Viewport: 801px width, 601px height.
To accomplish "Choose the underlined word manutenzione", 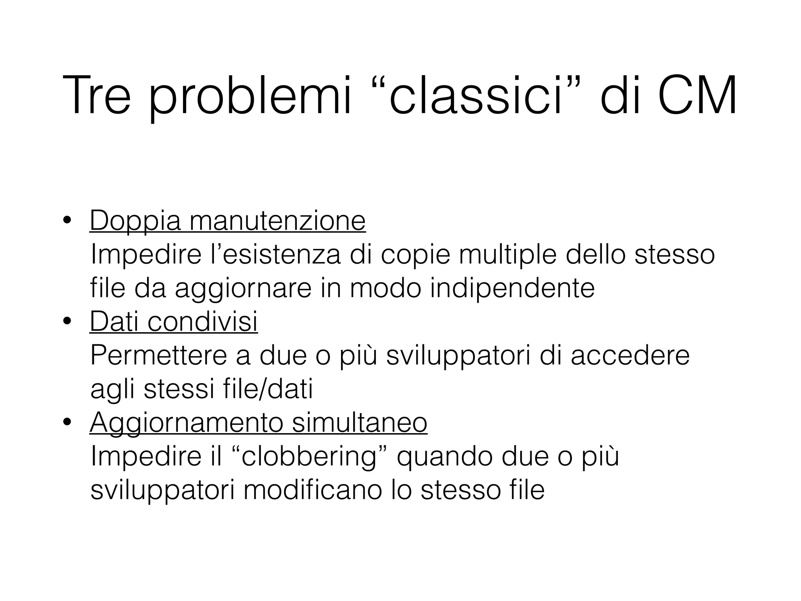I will pyautogui.click(x=277, y=221).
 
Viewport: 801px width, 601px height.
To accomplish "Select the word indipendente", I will pyautogui.click(x=512, y=288).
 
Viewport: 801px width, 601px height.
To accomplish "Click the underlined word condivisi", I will pyautogui.click(x=203, y=322).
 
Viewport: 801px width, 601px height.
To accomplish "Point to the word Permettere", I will pyautogui.click(x=159, y=356).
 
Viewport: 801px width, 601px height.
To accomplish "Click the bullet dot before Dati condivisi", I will pyautogui.click(x=67, y=322).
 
